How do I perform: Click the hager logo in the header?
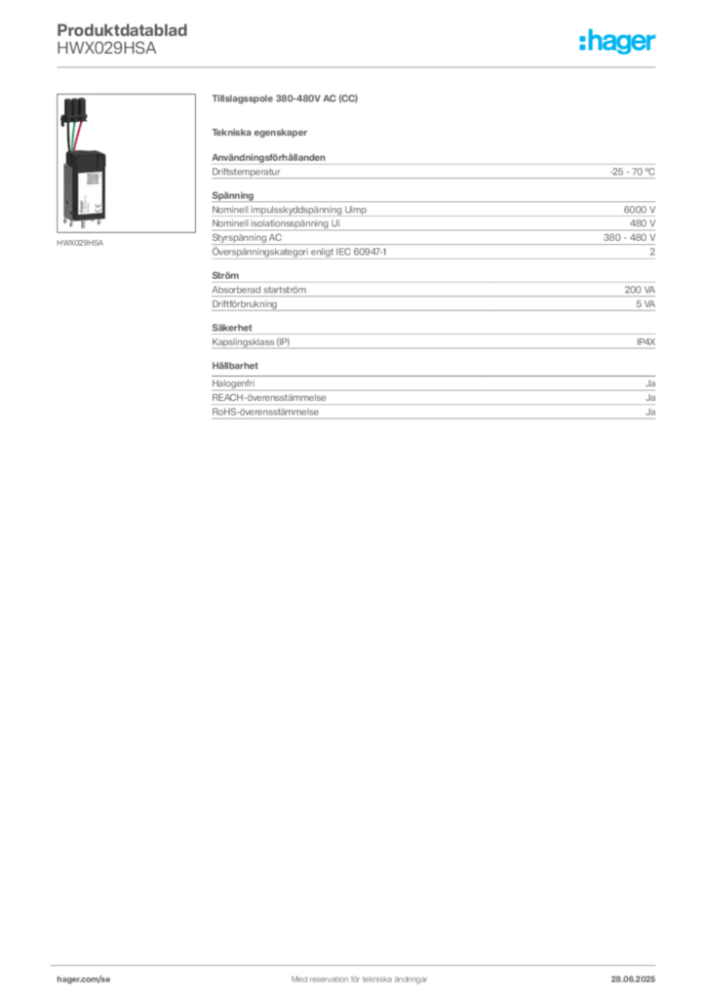point(617,41)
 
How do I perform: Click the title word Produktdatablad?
point(122,30)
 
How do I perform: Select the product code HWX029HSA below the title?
point(106,49)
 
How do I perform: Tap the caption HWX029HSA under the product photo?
point(80,243)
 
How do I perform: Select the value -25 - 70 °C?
point(632,172)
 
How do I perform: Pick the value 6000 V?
point(639,210)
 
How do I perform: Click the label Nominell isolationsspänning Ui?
point(276,223)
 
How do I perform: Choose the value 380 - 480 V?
point(629,238)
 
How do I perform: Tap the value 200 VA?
point(639,290)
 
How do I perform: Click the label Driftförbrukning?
point(245,304)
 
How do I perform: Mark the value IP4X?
point(646,342)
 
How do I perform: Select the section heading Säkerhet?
point(232,328)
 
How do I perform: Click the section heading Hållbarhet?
point(235,366)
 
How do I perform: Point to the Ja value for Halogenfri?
point(650,383)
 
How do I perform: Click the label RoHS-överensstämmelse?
point(265,413)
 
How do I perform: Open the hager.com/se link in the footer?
point(84,979)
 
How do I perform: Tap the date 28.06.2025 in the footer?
point(633,979)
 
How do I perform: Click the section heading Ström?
point(225,276)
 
